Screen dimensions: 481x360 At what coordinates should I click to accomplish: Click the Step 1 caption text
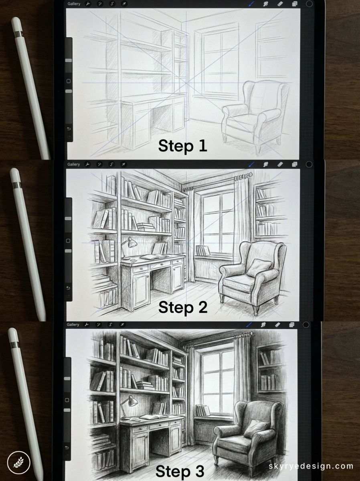[182, 146]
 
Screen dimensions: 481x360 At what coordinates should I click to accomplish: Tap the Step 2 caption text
[183, 307]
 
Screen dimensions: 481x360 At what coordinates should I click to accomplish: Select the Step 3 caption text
[180, 470]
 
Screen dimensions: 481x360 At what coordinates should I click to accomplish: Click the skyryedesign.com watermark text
[311, 466]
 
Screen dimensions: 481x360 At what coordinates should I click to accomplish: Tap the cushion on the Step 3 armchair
[256, 428]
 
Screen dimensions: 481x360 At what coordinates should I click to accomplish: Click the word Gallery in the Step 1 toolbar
[74, 4]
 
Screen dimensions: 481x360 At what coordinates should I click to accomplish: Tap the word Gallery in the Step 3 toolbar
[73, 325]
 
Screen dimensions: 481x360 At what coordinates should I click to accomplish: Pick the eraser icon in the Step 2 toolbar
[280, 164]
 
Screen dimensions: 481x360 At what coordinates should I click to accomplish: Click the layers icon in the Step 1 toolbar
[295, 4]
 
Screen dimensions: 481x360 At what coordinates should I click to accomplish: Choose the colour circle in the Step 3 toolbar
[306, 325]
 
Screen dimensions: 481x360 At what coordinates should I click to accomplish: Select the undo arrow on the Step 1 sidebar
[69, 129]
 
